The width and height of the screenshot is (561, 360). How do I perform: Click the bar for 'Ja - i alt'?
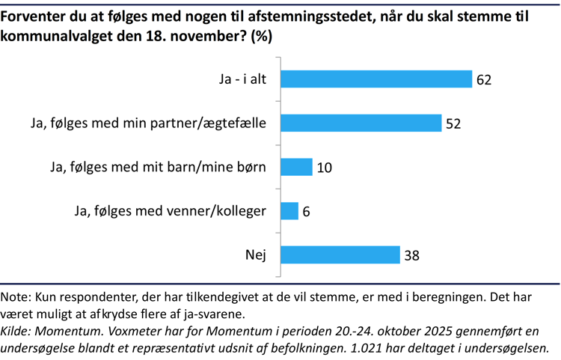[375, 79]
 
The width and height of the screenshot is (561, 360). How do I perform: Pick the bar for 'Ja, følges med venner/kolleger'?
[289, 211]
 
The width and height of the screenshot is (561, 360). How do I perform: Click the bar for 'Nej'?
[340, 255]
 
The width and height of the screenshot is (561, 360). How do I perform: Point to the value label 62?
[483, 79]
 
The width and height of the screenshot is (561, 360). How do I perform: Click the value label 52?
[453, 123]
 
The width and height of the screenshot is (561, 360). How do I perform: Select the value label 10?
[324, 168]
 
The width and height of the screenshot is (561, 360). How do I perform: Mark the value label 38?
[411, 255]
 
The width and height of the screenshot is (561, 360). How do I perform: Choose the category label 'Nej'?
[256, 255]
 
